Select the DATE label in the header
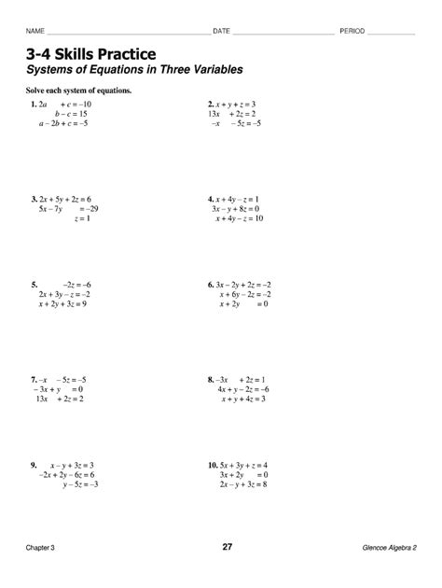[221, 32]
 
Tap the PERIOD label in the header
[352, 32]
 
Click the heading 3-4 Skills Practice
[91, 54]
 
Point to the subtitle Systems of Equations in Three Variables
[134, 70]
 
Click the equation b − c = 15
[71, 114]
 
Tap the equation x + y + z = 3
[235, 104]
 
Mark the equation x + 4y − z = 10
[240, 218]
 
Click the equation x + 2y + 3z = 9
[62, 304]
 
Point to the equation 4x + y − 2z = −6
[242, 389]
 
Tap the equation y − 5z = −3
[81, 484]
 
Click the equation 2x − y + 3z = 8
[243, 484]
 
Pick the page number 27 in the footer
[227, 546]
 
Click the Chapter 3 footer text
[41, 547]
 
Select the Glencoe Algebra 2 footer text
[389, 547]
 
